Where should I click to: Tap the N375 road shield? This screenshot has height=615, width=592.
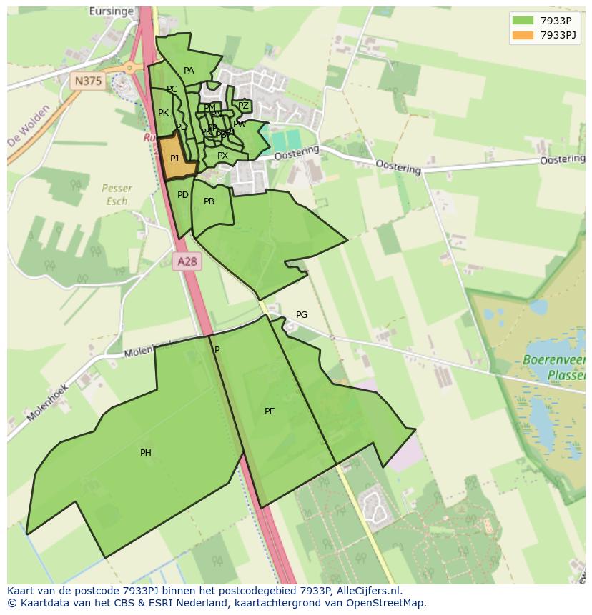pos(88,81)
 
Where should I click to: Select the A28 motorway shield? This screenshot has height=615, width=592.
pos(187,261)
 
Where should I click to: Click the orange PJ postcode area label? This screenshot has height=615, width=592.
pos(174,159)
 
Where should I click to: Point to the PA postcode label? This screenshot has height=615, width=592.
pos(189,71)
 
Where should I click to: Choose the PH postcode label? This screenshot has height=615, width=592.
pos(146,453)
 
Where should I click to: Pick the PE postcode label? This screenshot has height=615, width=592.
pos(270,411)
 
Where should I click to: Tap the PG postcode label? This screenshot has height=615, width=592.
pos(302,315)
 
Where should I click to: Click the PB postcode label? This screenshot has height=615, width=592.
pos(209,201)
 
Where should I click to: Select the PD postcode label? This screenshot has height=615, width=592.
pos(183,195)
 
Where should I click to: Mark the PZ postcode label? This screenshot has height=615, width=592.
pos(243,106)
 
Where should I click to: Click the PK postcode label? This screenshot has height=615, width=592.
pos(163,113)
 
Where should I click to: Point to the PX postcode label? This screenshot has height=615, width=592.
pos(222,156)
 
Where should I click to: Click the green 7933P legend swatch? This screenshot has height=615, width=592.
pos(523,21)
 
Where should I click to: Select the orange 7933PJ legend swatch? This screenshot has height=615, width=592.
pos(523,35)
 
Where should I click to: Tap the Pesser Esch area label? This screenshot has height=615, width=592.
pos(117,194)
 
